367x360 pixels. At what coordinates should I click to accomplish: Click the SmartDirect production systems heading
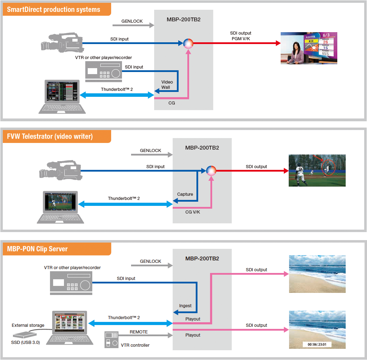(x=53, y=9)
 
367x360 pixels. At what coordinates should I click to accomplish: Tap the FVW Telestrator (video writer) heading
(x=50, y=136)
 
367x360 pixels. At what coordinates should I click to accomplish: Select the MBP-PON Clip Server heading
(x=37, y=249)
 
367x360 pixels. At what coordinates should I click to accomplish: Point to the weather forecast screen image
(x=309, y=48)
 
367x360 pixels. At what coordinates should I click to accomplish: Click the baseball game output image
(x=317, y=170)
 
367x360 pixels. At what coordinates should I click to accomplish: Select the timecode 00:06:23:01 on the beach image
(x=317, y=344)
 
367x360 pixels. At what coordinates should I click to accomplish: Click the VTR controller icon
(x=111, y=339)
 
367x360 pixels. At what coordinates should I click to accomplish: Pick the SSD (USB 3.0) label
(x=26, y=342)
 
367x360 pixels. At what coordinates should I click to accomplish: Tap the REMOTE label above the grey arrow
(x=139, y=332)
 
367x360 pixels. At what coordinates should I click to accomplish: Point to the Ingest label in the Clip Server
(x=185, y=305)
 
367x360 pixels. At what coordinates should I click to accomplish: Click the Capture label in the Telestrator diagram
(x=185, y=194)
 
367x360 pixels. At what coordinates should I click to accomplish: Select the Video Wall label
(x=167, y=85)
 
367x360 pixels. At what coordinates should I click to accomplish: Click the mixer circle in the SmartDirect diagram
(x=188, y=43)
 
